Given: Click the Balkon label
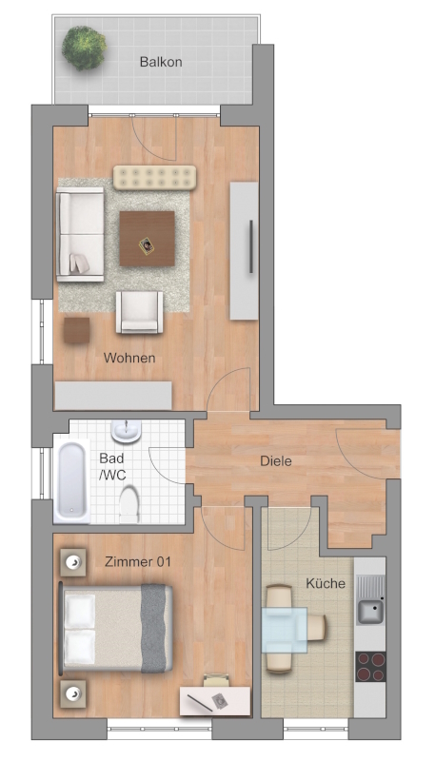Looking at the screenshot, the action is (x=161, y=62).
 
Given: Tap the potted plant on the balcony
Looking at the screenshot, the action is (x=84, y=49).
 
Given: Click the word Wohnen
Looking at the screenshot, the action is (x=129, y=359).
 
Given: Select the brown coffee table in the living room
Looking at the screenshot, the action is (x=148, y=239).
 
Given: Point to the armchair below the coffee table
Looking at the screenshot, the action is (x=139, y=313).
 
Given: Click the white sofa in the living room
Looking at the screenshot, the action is (x=80, y=234).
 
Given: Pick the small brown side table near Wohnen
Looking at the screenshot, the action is (x=76, y=330).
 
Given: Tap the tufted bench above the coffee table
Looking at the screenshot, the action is (x=155, y=178).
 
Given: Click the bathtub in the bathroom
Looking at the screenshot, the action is (x=71, y=481).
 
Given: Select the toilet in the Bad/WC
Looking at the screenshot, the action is (x=129, y=504).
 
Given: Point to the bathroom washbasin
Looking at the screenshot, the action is (x=127, y=431).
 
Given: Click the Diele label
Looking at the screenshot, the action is (x=276, y=460).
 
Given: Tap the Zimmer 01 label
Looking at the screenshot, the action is (x=138, y=562).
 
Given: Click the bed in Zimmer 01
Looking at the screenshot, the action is (x=116, y=629).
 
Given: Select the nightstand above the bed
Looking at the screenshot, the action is (x=73, y=562).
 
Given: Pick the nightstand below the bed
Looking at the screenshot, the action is (x=73, y=693).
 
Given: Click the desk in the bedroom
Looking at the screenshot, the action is (x=215, y=700).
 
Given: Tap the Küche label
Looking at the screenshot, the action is (x=326, y=583).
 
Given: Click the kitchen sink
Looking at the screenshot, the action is (x=370, y=600).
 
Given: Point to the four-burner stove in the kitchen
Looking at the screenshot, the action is (x=370, y=667).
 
